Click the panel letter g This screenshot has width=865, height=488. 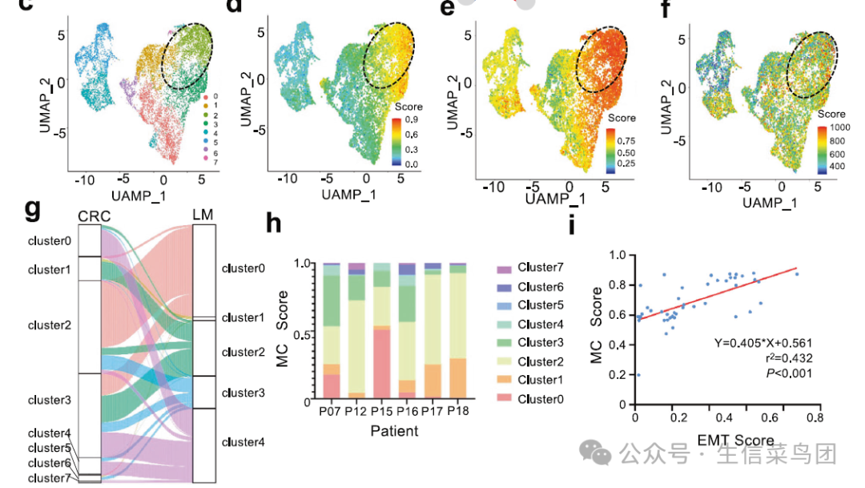pyautogui.click(x=33, y=209)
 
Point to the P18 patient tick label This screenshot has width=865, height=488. pyautogui.click(x=457, y=411)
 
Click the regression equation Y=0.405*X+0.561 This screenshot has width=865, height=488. pyautogui.click(x=764, y=344)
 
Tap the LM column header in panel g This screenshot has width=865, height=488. pyautogui.click(x=205, y=216)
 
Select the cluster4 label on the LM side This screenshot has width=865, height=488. pyautogui.click(x=243, y=442)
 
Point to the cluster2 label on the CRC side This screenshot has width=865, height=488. pyautogui.click(x=50, y=325)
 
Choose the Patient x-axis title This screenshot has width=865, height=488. pyautogui.click(x=394, y=431)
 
